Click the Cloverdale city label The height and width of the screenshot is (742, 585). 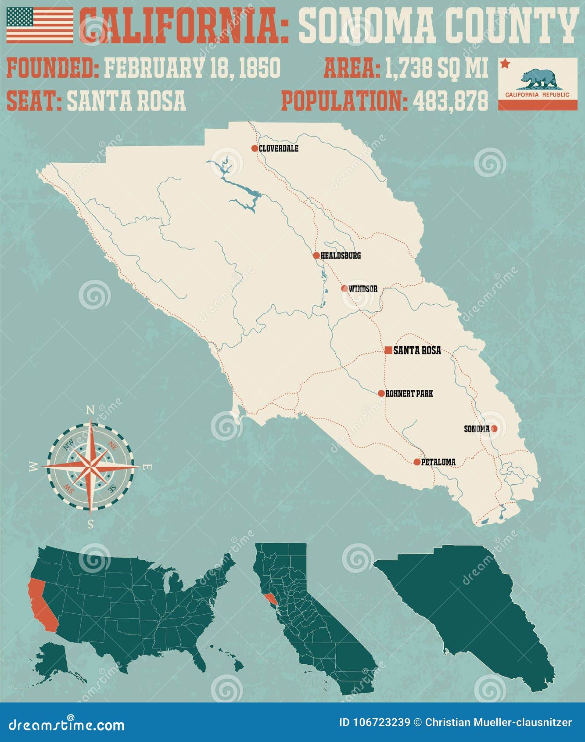278,148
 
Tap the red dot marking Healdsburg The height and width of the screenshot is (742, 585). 316,255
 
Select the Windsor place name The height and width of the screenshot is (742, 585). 363,289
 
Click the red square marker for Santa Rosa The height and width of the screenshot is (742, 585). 388,350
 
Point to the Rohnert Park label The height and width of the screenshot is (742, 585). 409,393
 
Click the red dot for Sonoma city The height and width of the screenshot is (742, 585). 494,429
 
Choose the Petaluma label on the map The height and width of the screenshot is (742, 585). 438,462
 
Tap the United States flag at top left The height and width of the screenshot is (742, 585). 40,25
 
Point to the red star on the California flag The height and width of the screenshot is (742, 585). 505,64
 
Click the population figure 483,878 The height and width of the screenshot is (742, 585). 450,101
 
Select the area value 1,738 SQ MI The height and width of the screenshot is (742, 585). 437,68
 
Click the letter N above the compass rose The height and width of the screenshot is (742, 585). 90,410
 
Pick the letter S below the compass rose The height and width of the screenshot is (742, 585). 90,524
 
